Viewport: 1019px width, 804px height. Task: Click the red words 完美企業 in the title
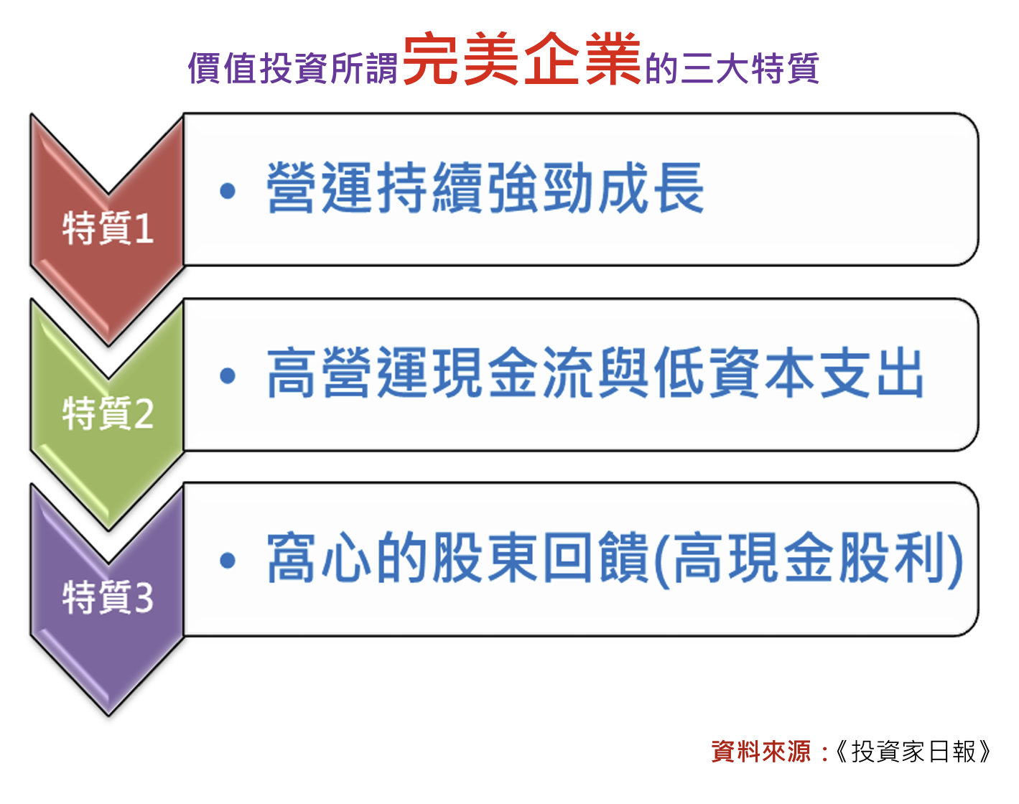point(521,58)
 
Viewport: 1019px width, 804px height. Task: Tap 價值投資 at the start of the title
point(258,68)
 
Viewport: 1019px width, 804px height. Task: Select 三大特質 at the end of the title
point(750,68)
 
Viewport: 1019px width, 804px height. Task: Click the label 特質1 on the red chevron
point(108,228)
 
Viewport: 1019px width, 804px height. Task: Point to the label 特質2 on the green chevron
point(108,413)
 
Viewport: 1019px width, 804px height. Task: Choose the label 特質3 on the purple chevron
point(108,597)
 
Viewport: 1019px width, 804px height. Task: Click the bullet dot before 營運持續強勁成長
point(228,191)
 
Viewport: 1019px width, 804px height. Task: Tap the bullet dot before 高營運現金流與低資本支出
point(228,376)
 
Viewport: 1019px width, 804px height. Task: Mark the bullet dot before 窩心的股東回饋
point(228,561)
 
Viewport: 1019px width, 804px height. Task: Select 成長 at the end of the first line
point(651,187)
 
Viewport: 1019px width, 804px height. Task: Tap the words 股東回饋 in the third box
point(541,557)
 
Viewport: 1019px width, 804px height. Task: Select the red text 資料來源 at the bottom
point(760,752)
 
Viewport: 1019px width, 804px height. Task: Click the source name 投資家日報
point(913,752)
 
